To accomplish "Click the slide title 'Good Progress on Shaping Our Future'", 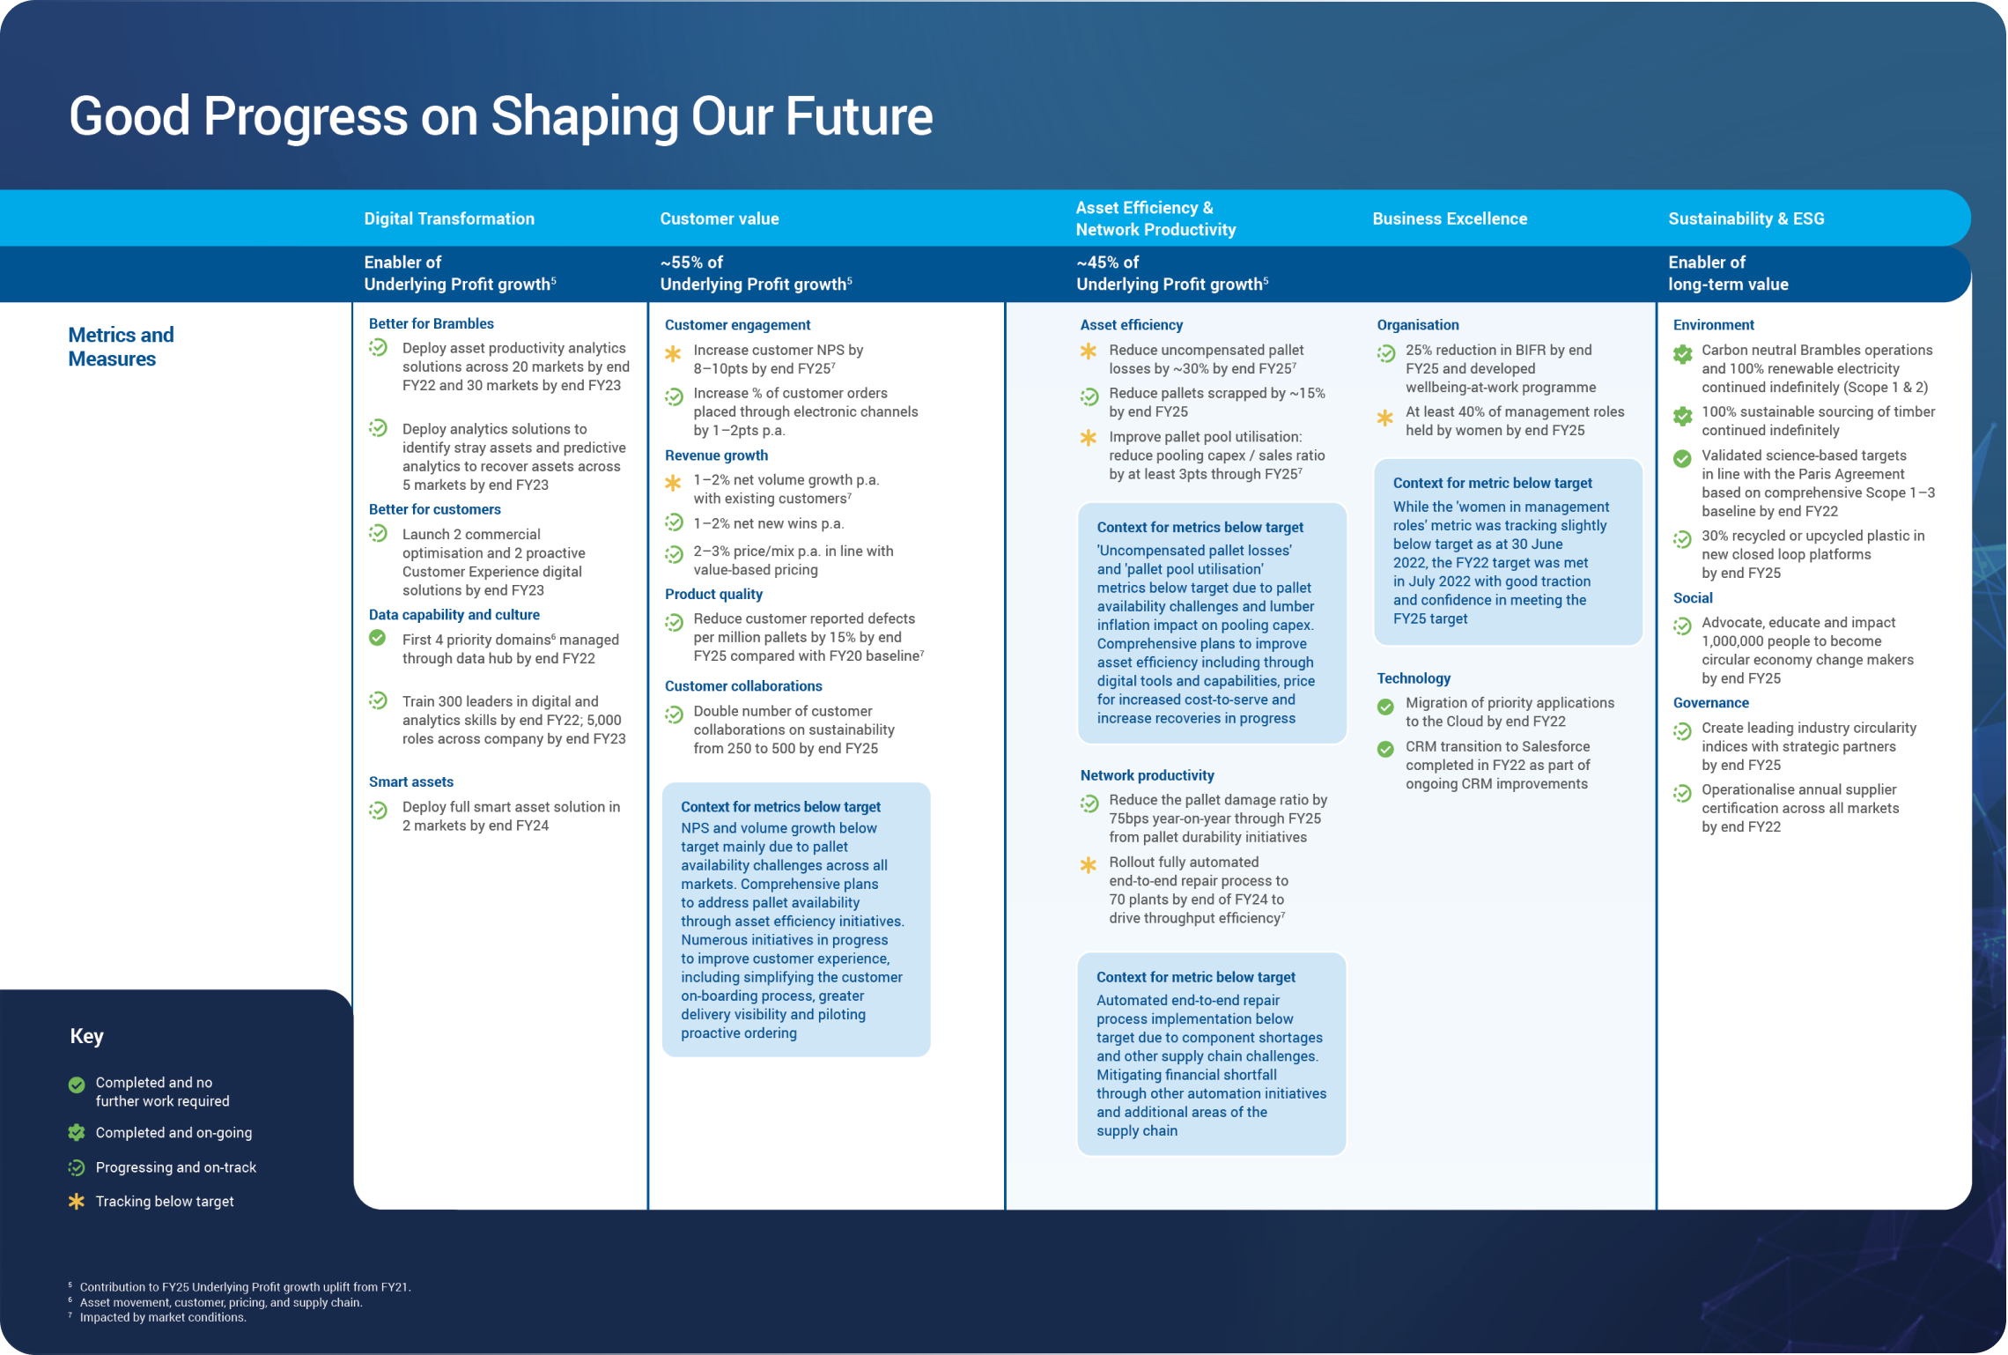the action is coord(500,116).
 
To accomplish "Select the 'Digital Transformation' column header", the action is coord(449,218).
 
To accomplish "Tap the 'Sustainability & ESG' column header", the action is coord(1746,218).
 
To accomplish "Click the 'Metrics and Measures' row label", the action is coord(121,346).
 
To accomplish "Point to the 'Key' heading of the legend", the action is coord(86,1036).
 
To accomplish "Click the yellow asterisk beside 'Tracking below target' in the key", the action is coord(77,1201).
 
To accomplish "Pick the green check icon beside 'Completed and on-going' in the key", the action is coord(77,1132).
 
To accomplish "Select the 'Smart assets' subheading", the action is coord(410,781).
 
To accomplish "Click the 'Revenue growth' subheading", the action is coord(716,455).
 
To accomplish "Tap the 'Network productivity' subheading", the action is coord(1147,774).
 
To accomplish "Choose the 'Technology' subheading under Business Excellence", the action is coord(1413,677).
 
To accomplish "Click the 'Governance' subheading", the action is coord(1710,702).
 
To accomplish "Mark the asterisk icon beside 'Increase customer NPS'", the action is coord(673,353).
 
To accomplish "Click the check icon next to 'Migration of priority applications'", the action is coord(1385,706).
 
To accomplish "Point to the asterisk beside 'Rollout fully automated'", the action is coord(1089,865).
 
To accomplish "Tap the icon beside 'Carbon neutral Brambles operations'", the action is coord(1682,353).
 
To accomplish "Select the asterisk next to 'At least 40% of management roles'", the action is coord(1385,418).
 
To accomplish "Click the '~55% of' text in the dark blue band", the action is coord(691,262).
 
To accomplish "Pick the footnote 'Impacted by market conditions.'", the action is coord(163,1317).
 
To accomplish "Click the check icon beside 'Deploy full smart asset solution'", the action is coord(378,810).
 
